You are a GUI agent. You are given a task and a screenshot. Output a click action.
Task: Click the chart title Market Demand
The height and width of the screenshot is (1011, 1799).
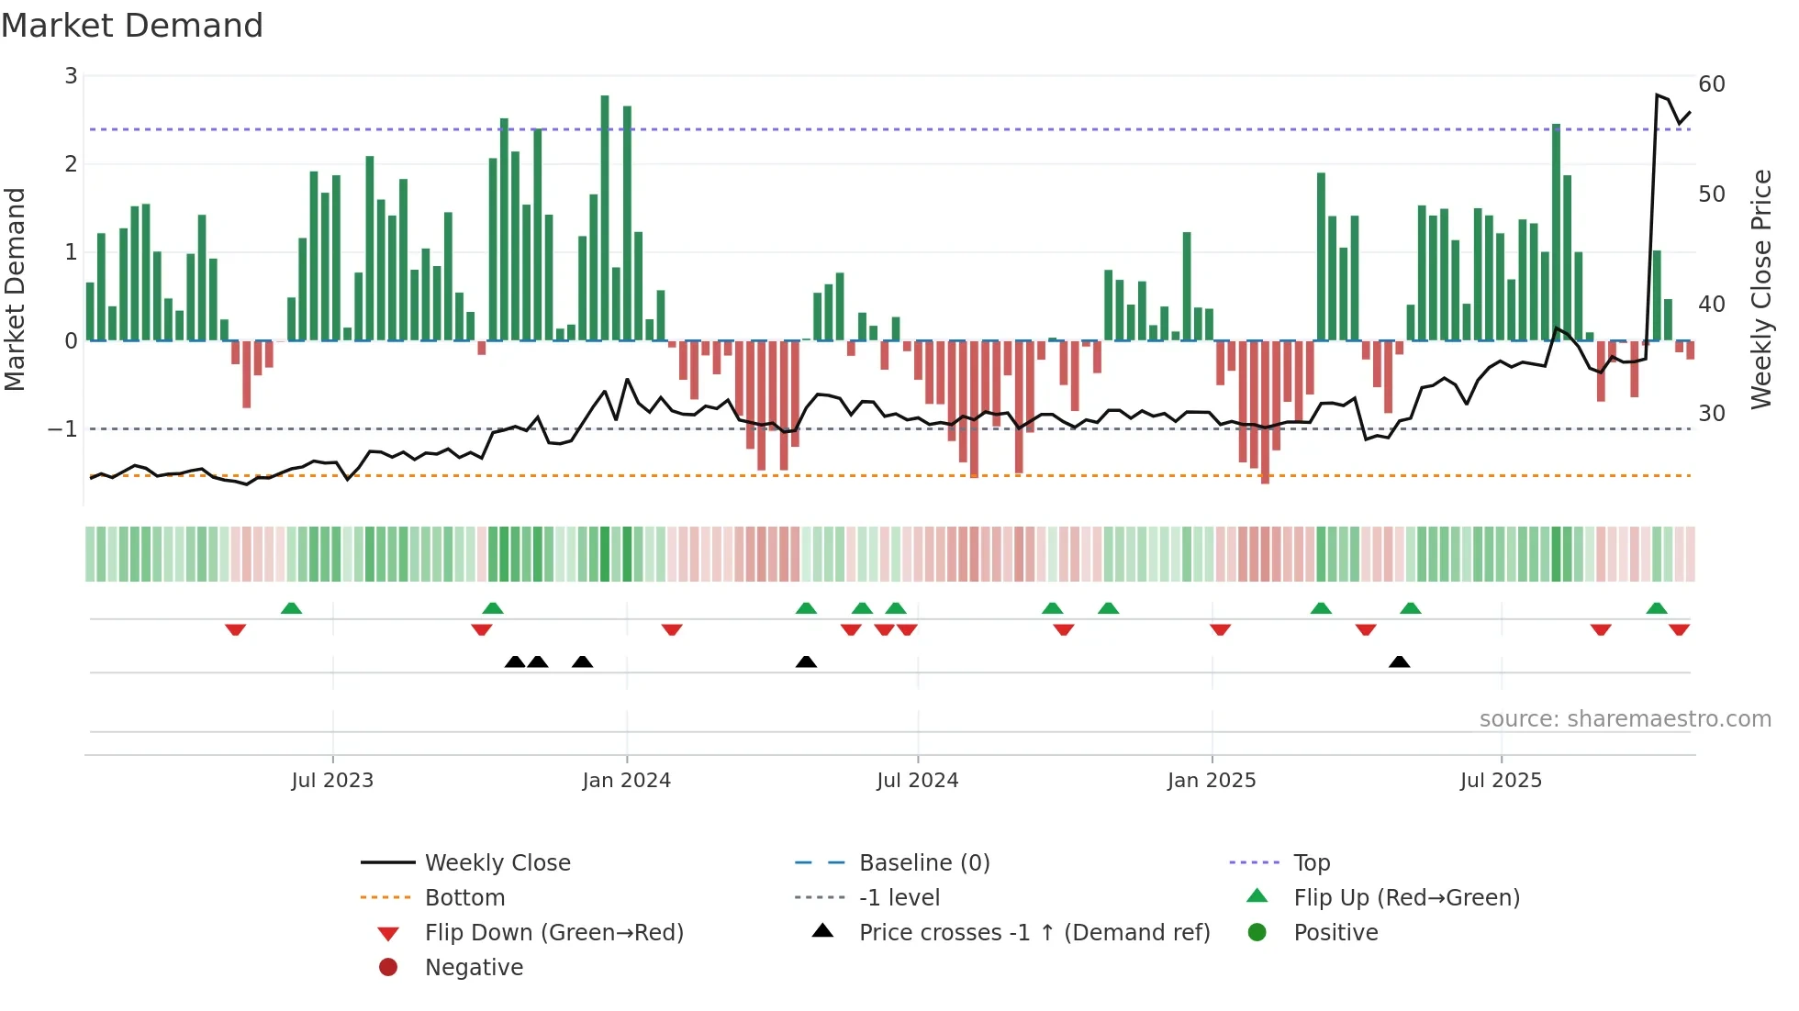(x=132, y=26)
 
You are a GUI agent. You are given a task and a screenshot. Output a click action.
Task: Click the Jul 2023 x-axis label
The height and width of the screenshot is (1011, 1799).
(x=332, y=781)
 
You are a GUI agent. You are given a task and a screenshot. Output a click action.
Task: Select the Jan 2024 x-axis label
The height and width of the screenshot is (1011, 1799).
(x=626, y=781)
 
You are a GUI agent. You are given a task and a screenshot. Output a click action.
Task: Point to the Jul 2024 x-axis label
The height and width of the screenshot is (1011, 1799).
(x=917, y=781)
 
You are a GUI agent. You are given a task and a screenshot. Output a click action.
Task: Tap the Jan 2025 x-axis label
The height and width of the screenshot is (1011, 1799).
(x=1212, y=781)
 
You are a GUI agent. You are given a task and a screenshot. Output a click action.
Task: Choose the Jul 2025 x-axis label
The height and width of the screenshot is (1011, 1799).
(x=1501, y=781)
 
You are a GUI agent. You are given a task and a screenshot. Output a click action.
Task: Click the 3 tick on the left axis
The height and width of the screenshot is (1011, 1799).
(x=71, y=76)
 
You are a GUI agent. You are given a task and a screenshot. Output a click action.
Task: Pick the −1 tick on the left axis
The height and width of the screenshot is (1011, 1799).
(x=62, y=429)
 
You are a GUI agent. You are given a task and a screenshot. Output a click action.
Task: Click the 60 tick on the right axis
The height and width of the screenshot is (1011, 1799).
(x=1712, y=84)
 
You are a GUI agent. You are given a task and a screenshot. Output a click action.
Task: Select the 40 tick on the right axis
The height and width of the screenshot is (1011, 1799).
(x=1712, y=304)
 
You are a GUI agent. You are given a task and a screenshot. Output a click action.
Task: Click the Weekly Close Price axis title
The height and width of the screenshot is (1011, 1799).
(x=1760, y=289)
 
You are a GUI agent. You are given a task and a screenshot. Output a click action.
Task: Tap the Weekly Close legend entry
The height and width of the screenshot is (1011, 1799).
(x=497, y=863)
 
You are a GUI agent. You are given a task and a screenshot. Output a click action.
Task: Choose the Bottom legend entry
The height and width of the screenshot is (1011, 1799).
(x=464, y=898)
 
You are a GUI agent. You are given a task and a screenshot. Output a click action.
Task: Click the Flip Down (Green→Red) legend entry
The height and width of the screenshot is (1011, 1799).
(x=553, y=933)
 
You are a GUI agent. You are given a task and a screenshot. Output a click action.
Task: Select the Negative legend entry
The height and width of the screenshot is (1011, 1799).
(x=474, y=968)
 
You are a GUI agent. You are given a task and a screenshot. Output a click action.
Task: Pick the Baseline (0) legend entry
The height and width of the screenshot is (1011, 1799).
(x=923, y=863)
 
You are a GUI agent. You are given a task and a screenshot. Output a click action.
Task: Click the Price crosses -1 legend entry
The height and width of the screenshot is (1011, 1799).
(x=1034, y=933)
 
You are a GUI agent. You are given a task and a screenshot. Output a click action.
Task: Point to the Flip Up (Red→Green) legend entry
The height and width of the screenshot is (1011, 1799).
(x=1406, y=898)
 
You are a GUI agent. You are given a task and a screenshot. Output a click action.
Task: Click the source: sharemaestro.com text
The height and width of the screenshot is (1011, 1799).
(x=1625, y=719)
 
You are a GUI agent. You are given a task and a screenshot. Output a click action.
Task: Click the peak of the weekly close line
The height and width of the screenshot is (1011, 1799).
(x=1657, y=94)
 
